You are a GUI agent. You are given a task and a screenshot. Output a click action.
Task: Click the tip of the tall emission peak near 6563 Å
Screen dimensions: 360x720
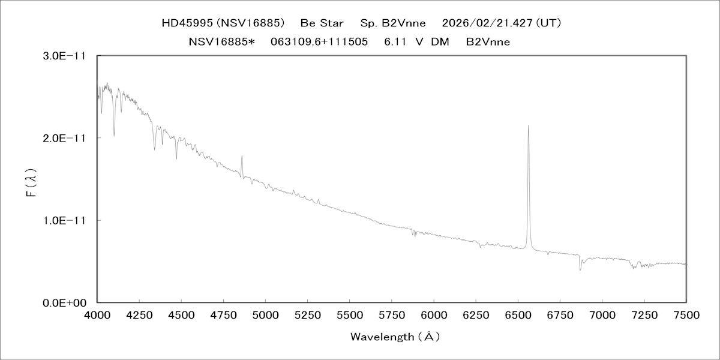coord(528,125)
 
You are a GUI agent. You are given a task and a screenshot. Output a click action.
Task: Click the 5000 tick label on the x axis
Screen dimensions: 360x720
coord(265,314)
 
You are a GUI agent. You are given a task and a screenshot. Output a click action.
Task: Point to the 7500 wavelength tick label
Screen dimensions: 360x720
coord(686,314)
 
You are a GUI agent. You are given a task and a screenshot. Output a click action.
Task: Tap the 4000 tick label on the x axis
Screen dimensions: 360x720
coord(97,314)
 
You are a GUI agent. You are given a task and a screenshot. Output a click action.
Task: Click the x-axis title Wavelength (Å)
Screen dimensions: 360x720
coord(395,337)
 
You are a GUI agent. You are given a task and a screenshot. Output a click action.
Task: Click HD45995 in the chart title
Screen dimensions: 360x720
coord(187,23)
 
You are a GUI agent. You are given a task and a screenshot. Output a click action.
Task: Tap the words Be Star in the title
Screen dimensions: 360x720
coord(322,23)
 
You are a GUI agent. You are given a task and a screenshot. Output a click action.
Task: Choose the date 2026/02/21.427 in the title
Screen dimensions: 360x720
coord(487,23)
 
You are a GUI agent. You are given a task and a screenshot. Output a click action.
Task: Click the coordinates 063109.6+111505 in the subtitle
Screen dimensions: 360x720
coord(319,41)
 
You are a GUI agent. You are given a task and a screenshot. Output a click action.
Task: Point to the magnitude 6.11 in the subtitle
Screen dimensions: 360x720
coord(395,41)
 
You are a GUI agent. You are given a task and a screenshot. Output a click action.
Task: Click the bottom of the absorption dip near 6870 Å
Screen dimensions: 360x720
coord(580,269)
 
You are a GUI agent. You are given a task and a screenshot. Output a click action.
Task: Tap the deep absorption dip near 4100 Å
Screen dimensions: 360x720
coord(114,136)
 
